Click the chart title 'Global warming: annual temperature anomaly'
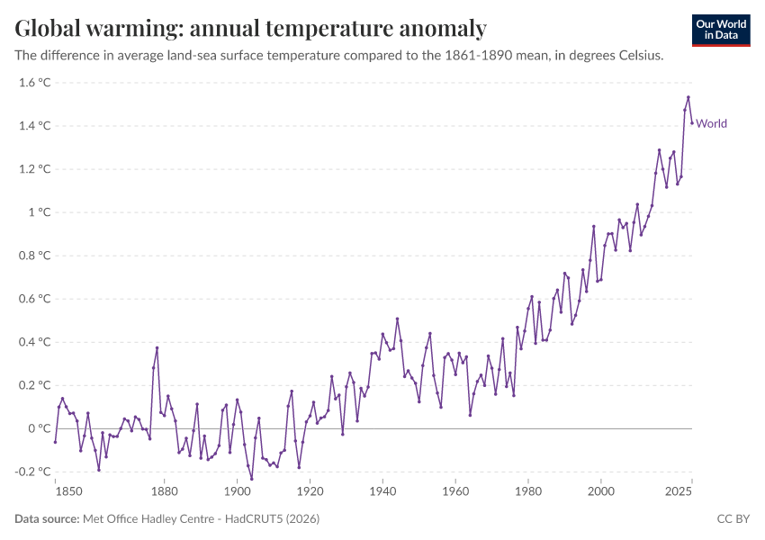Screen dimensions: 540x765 [x=251, y=28]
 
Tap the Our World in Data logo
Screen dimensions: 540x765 [x=720, y=30]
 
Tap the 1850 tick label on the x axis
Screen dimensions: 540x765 [x=55, y=492]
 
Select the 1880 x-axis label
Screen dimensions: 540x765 [x=164, y=492]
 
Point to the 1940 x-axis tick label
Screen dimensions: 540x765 [x=382, y=492]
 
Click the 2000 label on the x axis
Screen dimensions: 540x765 [x=601, y=492]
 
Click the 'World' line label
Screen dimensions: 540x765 [x=712, y=124]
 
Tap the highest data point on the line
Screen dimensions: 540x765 [x=688, y=97]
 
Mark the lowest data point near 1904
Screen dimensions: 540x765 [x=251, y=479]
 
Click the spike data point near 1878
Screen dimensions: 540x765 [x=157, y=347]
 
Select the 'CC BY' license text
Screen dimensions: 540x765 [x=733, y=519]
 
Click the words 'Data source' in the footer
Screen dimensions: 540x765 [x=46, y=519]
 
